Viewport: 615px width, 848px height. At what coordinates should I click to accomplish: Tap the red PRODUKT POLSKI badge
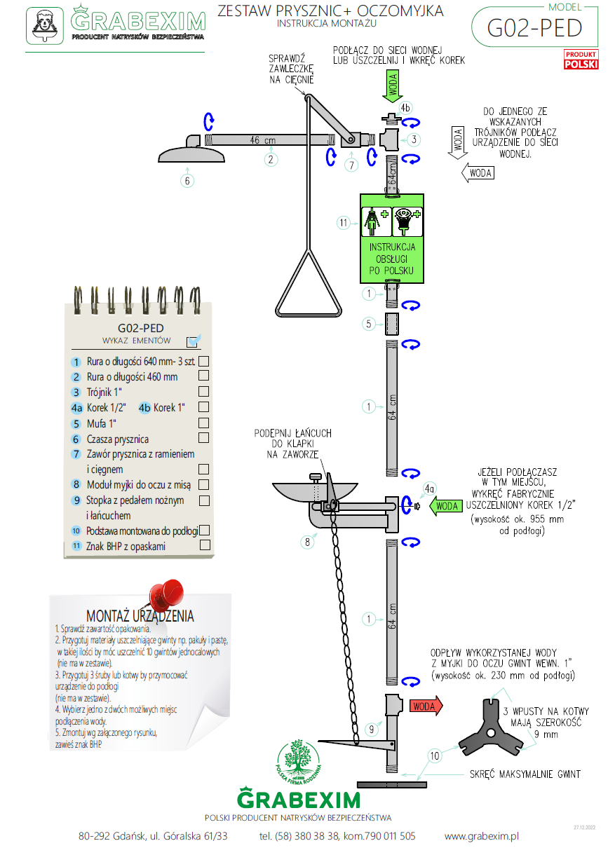581,60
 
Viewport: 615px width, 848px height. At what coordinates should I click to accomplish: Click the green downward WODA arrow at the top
393,87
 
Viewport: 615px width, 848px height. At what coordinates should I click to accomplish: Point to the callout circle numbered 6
187,180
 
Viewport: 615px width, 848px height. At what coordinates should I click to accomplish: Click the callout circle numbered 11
344,223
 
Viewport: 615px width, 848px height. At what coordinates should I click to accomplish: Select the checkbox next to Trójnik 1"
204,392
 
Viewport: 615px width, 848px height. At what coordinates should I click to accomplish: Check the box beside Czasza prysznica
204,438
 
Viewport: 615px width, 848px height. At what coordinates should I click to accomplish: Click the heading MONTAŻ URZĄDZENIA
140,616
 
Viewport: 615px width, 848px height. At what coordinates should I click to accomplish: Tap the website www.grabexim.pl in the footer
481,836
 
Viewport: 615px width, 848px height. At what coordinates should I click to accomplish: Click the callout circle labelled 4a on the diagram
429,488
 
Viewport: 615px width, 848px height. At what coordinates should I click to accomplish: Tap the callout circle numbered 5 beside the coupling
369,324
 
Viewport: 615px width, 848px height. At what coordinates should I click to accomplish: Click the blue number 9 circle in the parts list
76,500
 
